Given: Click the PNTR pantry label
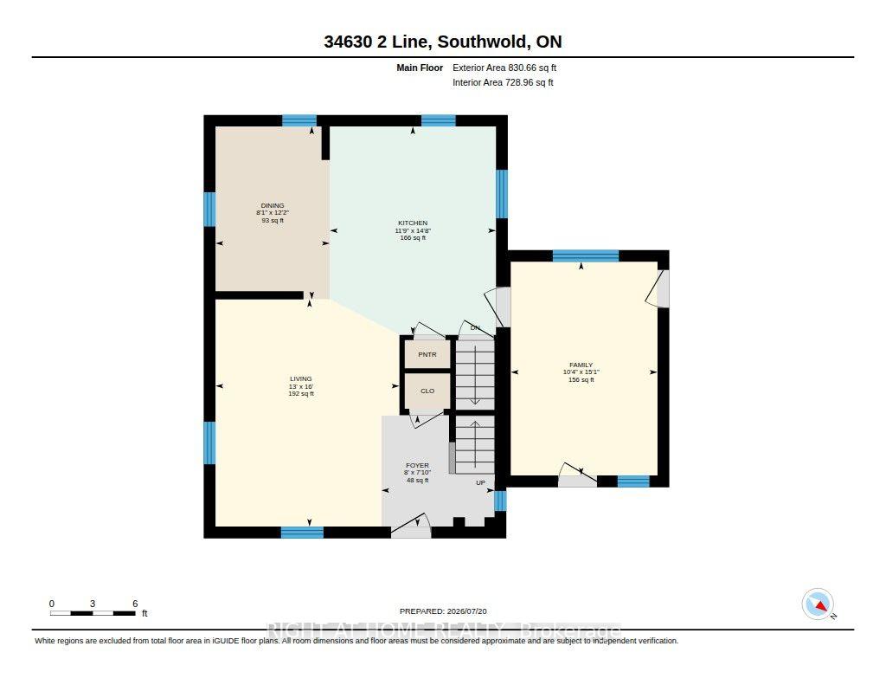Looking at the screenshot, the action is tap(427, 355).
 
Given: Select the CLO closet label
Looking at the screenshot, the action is tap(427, 391).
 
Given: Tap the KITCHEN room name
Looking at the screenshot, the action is tap(413, 223).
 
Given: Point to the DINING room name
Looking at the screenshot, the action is tap(273, 205).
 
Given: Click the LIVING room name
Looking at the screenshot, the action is tap(300, 379).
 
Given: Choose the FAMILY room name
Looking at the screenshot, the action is tap(581, 365).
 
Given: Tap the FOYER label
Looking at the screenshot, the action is tap(418, 466).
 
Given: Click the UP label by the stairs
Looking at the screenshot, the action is tap(480, 482).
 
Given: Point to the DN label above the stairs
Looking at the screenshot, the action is tap(475, 328).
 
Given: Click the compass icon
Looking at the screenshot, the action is tap(818, 604).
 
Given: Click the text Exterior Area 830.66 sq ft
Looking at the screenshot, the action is tap(504, 68).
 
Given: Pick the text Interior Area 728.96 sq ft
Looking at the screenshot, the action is tap(503, 82).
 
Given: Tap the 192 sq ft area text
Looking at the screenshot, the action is tap(300, 394).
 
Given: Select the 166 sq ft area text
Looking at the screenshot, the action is tap(413, 238).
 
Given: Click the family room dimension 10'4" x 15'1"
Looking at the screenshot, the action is tap(581, 372).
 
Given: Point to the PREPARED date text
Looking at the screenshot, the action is tap(443, 611).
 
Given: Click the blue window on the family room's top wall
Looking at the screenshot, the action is tap(586, 255).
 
